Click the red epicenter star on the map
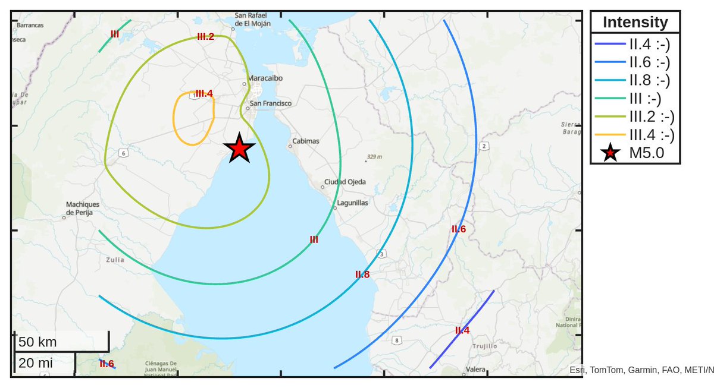(x=239, y=149)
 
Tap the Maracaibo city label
(x=265, y=78)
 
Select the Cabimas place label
(x=305, y=141)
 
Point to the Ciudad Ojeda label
(x=345, y=182)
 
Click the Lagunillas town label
(x=352, y=203)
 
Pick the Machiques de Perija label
(x=83, y=208)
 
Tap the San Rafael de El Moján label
(x=253, y=20)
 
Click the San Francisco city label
(x=271, y=103)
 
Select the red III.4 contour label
(x=204, y=93)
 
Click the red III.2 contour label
(x=205, y=37)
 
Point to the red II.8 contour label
(x=362, y=275)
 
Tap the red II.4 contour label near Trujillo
(x=462, y=330)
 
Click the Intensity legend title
(x=635, y=23)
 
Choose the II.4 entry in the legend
(x=650, y=43)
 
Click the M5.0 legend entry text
(x=646, y=153)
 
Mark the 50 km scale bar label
(x=37, y=342)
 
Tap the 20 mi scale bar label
(x=35, y=363)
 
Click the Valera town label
(x=476, y=370)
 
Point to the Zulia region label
(x=115, y=260)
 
